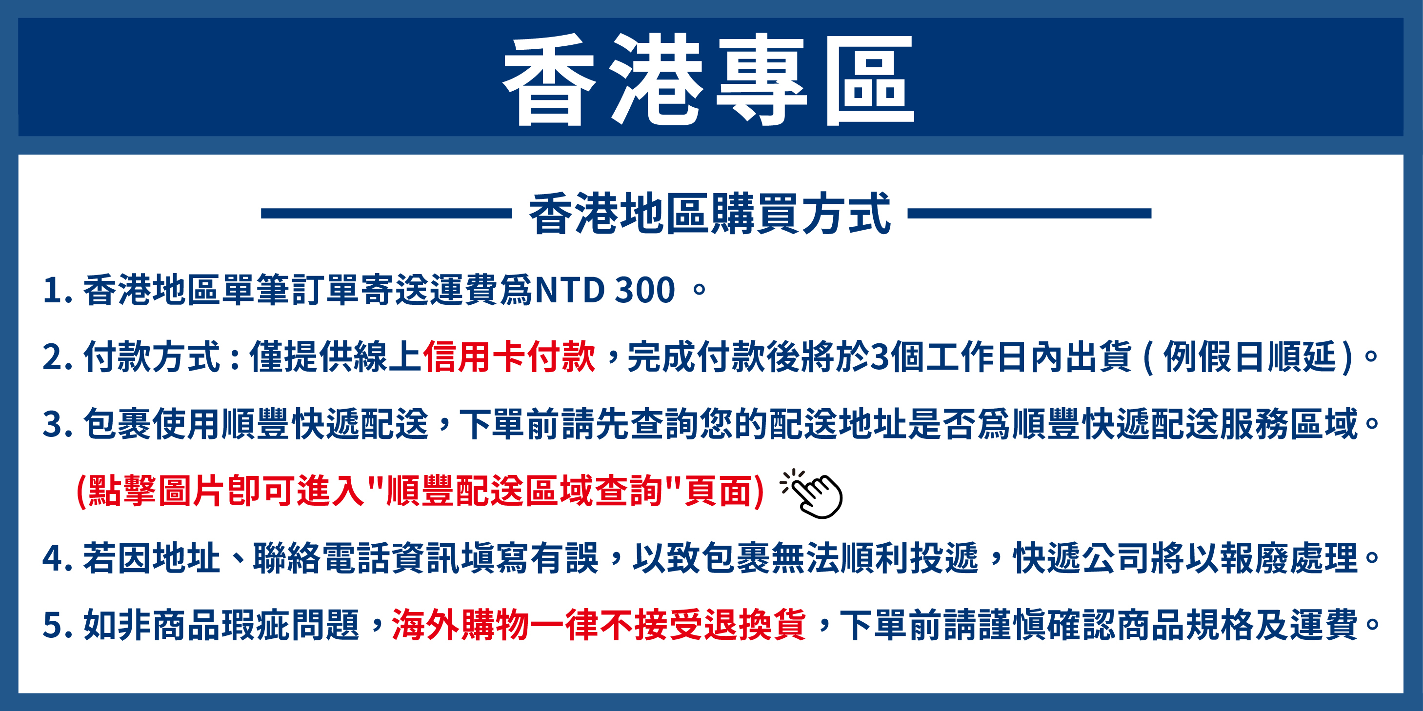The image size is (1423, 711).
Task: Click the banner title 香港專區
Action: pyautogui.click(x=709, y=79)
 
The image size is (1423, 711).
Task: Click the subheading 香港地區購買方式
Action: pyautogui.click(x=710, y=214)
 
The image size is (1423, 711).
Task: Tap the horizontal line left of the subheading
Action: pyautogui.click(x=386, y=214)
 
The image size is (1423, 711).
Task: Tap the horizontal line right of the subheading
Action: pyautogui.click(x=1030, y=214)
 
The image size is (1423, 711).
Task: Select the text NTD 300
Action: pyautogui.click(x=605, y=290)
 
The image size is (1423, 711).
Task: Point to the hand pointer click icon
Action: pyautogui.click(x=812, y=494)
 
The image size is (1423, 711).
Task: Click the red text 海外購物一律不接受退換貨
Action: pyautogui.click(x=599, y=625)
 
